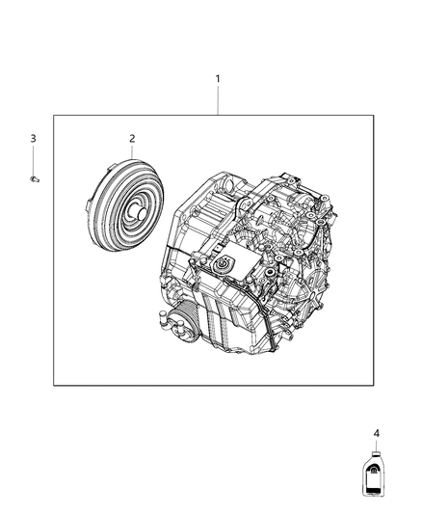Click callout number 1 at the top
[x=218, y=77]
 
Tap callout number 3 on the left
[x=33, y=139]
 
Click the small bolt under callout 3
[x=34, y=178]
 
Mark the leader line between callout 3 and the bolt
[x=33, y=159]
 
